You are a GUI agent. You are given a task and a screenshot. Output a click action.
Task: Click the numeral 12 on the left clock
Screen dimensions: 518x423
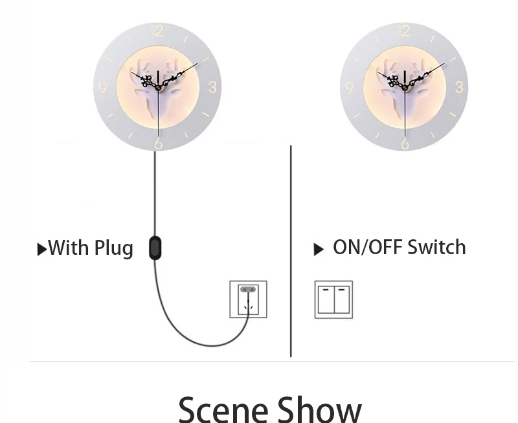(157, 30)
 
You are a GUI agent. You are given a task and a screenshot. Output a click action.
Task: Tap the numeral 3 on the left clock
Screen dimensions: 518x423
(212, 87)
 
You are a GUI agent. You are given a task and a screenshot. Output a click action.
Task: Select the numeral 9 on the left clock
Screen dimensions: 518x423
(103, 87)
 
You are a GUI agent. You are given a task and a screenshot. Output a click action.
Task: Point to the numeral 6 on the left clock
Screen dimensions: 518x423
(158, 144)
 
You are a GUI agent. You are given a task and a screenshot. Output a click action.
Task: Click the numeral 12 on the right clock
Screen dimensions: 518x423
(404, 30)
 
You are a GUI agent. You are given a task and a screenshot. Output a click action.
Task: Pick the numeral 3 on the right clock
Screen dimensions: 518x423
(459, 87)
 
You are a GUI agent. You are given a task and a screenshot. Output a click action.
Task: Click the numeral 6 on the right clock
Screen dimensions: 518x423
(405, 144)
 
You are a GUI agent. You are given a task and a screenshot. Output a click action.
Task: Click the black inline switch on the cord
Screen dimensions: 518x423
(155, 248)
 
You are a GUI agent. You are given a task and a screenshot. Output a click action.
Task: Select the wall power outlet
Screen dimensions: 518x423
(249, 299)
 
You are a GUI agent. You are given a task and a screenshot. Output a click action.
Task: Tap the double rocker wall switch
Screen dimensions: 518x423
(333, 299)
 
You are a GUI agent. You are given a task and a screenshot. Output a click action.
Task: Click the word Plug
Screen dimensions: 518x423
(114, 248)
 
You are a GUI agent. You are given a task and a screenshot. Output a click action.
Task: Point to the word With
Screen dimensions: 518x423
(69, 248)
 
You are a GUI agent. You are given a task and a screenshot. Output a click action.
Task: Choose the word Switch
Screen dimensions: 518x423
(436, 247)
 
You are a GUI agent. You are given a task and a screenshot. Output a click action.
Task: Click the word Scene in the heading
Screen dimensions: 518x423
(223, 409)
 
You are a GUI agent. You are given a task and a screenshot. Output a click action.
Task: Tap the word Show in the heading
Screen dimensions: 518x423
(319, 409)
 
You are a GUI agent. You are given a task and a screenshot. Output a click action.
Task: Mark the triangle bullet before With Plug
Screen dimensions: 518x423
(41, 250)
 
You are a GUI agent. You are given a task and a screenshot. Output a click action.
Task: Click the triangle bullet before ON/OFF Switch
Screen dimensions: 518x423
(319, 250)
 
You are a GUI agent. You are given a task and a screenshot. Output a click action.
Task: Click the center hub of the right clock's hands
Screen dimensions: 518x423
(405, 88)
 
